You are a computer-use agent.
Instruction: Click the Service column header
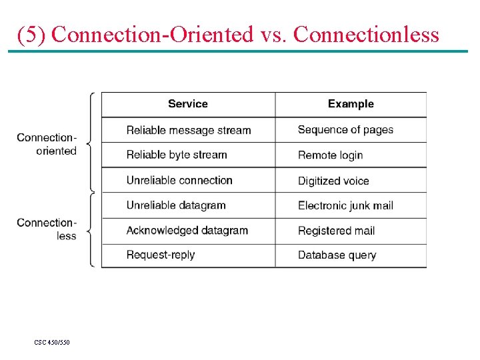pos(187,104)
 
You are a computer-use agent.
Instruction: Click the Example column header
pos(351,104)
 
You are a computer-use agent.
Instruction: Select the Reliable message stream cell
pos(189,130)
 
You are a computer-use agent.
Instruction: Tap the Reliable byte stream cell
pos(177,155)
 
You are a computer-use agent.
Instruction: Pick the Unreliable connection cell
pos(179,180)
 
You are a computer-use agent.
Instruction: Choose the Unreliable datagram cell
pos(176,205)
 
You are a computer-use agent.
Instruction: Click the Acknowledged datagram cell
pos(187,231)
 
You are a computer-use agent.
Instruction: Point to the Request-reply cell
pos(161,255)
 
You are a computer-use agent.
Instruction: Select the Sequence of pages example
pos(345,130)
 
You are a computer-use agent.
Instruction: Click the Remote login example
pos(330,155)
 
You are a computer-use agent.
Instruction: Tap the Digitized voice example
pos(333,181)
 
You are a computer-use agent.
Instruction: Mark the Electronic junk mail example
pos(345,205)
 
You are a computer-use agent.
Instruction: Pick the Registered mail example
pos(336,231)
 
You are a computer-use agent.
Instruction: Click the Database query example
pos(337,255)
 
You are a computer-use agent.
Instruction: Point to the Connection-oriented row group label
pos(47,144)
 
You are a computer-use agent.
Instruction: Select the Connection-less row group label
pos(47,229)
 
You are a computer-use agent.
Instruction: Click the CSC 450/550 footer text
pos(52,343)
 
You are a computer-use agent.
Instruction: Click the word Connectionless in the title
pos(366,34)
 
